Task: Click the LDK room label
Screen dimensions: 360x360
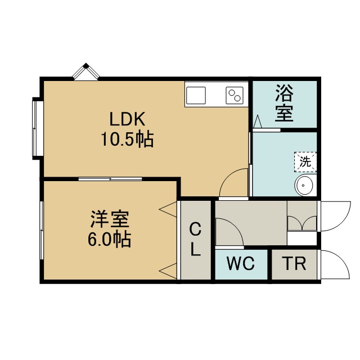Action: pos(127,119)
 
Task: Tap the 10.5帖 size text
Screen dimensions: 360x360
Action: pos(127,139)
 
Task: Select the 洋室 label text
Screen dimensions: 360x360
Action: pos(110,219)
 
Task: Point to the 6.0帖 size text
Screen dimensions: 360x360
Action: pos(109,239)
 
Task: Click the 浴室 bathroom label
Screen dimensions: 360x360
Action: pos(284,103)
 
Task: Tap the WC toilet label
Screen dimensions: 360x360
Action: pos(240,263)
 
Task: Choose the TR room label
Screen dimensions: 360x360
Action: pos(295,264)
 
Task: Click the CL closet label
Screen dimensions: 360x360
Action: pos(195,240)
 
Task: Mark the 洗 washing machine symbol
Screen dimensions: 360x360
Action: pos(305,162)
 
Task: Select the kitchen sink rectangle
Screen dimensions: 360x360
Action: pos(196,95)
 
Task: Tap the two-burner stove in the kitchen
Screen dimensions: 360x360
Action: pos(235,95)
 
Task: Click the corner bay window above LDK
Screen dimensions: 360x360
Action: pos(86,71)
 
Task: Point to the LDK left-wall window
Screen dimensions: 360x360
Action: pos(36,128)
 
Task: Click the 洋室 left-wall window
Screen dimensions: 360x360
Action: pos(42,230)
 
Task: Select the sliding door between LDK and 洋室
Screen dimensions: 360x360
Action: pos(110,179)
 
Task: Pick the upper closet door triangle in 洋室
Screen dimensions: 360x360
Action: pos(168,209)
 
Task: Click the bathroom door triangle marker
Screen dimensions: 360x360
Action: pos(258,121)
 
